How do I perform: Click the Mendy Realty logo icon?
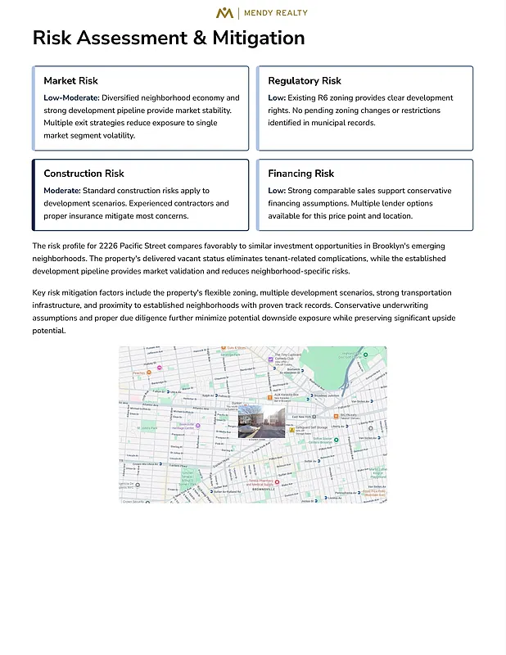pyautogui.click(x=224, y=12)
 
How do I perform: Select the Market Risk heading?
pyautogui.click(x=70, y=81)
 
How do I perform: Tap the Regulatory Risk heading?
pyautogui.click(x=305, y=81)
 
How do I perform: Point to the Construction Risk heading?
pyautogui.click(x=84, y=174)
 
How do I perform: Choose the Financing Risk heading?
pyautogui.click(x=301, y=174)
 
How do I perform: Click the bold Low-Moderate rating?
pyautogui.click(x=71, y=98)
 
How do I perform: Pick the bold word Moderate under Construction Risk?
pyautogui.click(x=61, y=191)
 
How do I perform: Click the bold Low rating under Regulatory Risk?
pyautogui.click(x=277, y=98)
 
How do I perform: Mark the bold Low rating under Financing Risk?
pyautogui.click(x=277, y=191)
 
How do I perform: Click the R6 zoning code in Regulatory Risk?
pyautogui.click(x=323, y=98)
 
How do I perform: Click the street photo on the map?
pyautogui.click(x=261, y=421)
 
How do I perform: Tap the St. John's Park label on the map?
pyautogui.click(x=149, y=427)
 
